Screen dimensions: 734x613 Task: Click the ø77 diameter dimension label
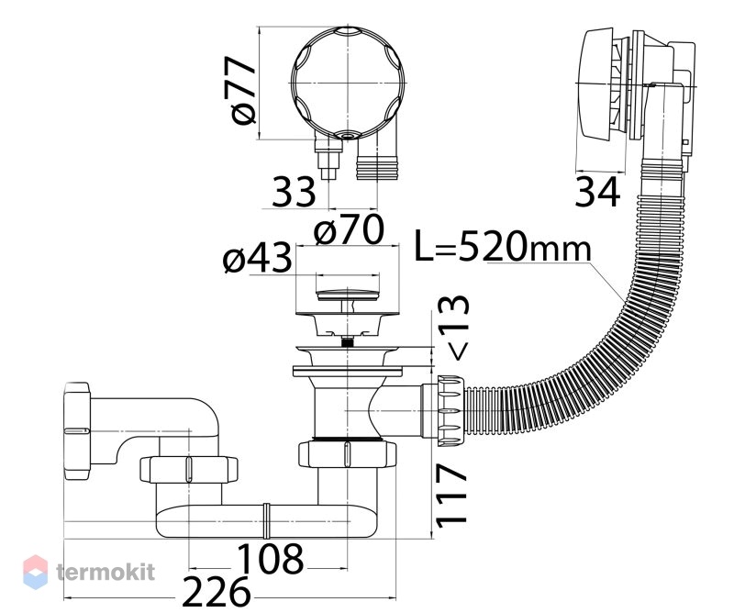coord(244,90)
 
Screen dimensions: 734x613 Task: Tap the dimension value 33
coord(294,192)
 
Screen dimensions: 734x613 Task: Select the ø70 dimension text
coord(350,229)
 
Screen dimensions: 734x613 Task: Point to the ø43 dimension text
coord(258,258)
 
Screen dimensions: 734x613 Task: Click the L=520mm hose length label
coord(503,246)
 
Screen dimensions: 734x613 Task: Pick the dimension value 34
coord(597,192)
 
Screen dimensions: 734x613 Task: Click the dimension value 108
coord(270,559)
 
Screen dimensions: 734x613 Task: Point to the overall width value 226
coord(216,592)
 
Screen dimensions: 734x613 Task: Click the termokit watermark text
coord(106,572)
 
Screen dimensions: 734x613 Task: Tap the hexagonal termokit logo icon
coord(35,572)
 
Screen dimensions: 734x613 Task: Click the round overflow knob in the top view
coord(348,83)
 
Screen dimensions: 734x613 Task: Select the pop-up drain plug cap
coord(347,295)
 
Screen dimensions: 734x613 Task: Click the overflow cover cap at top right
coord(596,84)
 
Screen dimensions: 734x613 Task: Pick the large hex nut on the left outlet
coord(77,430)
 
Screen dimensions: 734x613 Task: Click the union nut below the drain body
coord(347,453)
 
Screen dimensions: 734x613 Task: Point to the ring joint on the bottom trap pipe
coord(266,520)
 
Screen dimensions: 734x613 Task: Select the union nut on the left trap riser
coord(189,469)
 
